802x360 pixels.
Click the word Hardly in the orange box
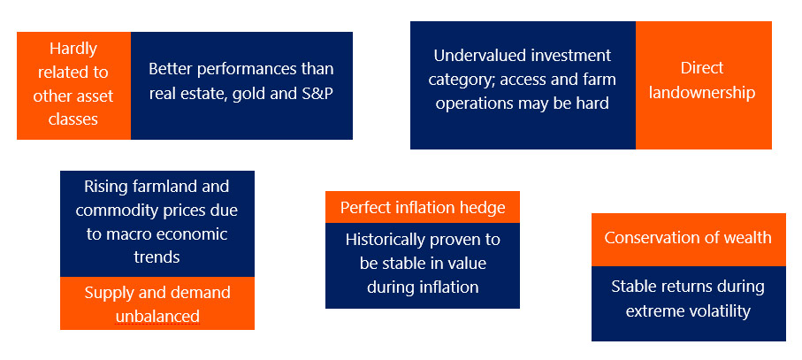point(73,50)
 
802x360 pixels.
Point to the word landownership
point(702,93)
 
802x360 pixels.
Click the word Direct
point(702,68)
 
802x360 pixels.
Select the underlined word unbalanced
point(157,317)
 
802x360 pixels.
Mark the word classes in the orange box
point(73,119)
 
